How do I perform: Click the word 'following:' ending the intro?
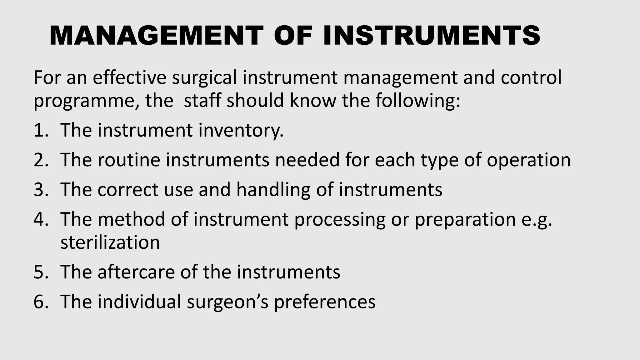click(x=418, y=102)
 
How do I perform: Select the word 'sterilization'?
click(x=110, y=242)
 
